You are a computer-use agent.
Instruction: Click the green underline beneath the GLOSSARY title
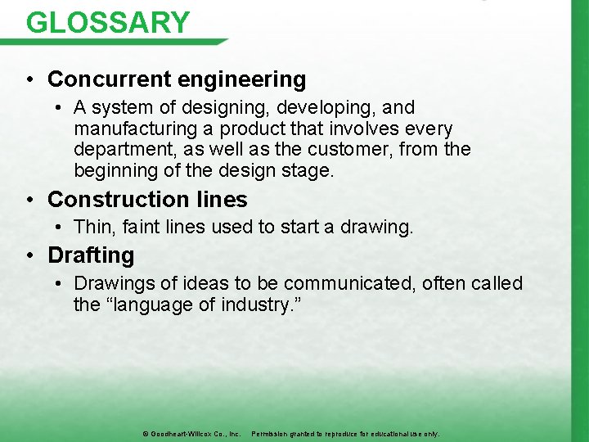tap(123, 42)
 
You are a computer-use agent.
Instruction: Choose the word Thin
tap(92, 228)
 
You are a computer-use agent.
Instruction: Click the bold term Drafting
tap(91, 255)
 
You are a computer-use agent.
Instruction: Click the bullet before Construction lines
tap(29, 201)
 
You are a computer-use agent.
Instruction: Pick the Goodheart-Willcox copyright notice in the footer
tap(190, 433)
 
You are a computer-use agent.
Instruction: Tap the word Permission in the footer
tap(272, 433)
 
